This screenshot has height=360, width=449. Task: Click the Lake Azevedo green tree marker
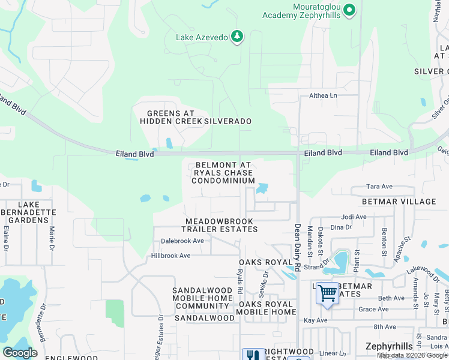(x=238, y=37)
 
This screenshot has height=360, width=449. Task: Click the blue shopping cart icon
(x=327, y=295)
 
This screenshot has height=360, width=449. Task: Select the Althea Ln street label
(x=323, y=95)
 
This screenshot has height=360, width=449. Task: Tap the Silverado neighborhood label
(x=228, y=121)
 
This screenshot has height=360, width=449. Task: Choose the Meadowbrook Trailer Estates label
(x=220, y=225)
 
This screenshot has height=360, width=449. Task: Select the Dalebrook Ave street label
(x=182, y=241)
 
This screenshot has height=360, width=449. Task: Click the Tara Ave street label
(x=379, y=187)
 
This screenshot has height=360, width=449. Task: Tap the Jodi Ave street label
(x=354, y=217)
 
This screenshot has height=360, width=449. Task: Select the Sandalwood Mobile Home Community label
(x=202, y=298)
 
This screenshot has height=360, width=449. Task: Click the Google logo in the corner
(x=20, y=352)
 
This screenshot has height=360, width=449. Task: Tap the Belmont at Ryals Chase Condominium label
(x=223, y=173)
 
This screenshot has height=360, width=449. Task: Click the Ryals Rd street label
(x=240, y=277)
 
